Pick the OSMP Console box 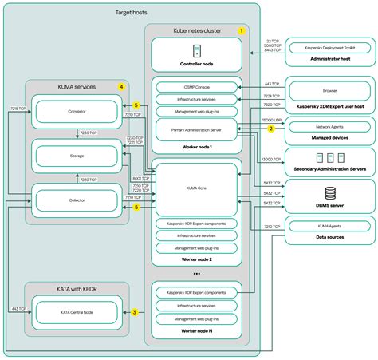(196, 87)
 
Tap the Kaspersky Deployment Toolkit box (330, 49)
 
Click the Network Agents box (330, 127)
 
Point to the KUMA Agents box (330, 227)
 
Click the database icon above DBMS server (330, 191)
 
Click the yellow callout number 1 (241, 30)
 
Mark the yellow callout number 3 (135, 312)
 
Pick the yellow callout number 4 (121, 86)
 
